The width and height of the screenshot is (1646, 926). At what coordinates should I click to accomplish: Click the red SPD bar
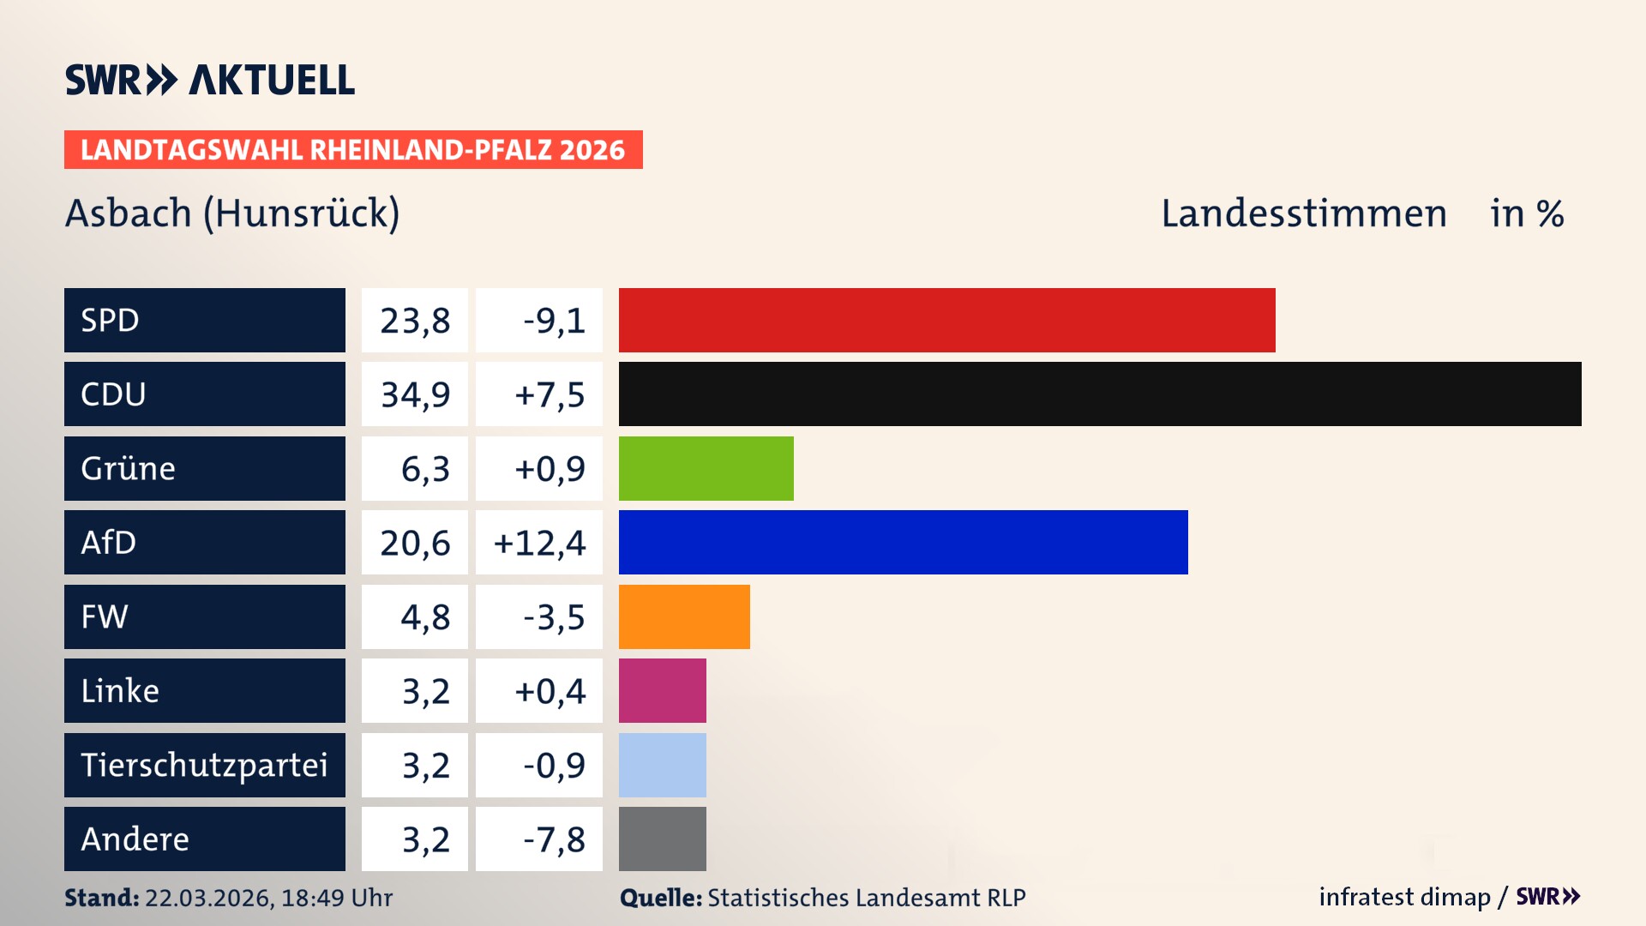coord(946,320)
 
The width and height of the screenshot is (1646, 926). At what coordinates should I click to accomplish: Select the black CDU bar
coord(1099,394)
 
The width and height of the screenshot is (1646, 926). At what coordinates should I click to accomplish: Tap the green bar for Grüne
coord(706,468)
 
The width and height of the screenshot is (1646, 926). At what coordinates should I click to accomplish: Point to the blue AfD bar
coord(903,542)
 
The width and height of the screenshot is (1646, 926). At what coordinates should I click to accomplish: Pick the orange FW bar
coord(684,616)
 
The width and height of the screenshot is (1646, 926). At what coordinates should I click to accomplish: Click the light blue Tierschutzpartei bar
coord(662,765)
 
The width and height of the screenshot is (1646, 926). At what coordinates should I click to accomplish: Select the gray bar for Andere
coord(662,839)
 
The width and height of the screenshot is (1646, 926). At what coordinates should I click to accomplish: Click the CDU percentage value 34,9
coord(415,394)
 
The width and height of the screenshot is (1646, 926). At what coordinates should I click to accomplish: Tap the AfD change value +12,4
coord(539,543)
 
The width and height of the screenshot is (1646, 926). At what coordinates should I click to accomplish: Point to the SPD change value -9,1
coord(554,321)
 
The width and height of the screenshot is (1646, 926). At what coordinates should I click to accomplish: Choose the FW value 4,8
coord(424,617)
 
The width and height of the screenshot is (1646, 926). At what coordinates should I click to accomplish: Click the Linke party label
coord(120,690)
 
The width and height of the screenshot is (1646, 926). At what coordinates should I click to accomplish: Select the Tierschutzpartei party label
coord(204,765)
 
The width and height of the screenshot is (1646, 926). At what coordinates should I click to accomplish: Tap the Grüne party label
coord(128,468)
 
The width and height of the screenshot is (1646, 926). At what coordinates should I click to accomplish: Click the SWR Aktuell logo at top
coord(209,80)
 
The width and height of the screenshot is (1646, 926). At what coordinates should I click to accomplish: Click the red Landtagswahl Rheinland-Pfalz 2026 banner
coord(352,150)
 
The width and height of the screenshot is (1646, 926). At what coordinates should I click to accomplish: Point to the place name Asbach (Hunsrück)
coord(231,213)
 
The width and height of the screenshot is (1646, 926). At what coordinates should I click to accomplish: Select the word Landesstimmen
coord(1303,213)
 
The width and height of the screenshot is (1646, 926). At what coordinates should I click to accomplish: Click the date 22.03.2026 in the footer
coord(208,898)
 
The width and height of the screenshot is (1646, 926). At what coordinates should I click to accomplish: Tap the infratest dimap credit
coord(1403,897)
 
